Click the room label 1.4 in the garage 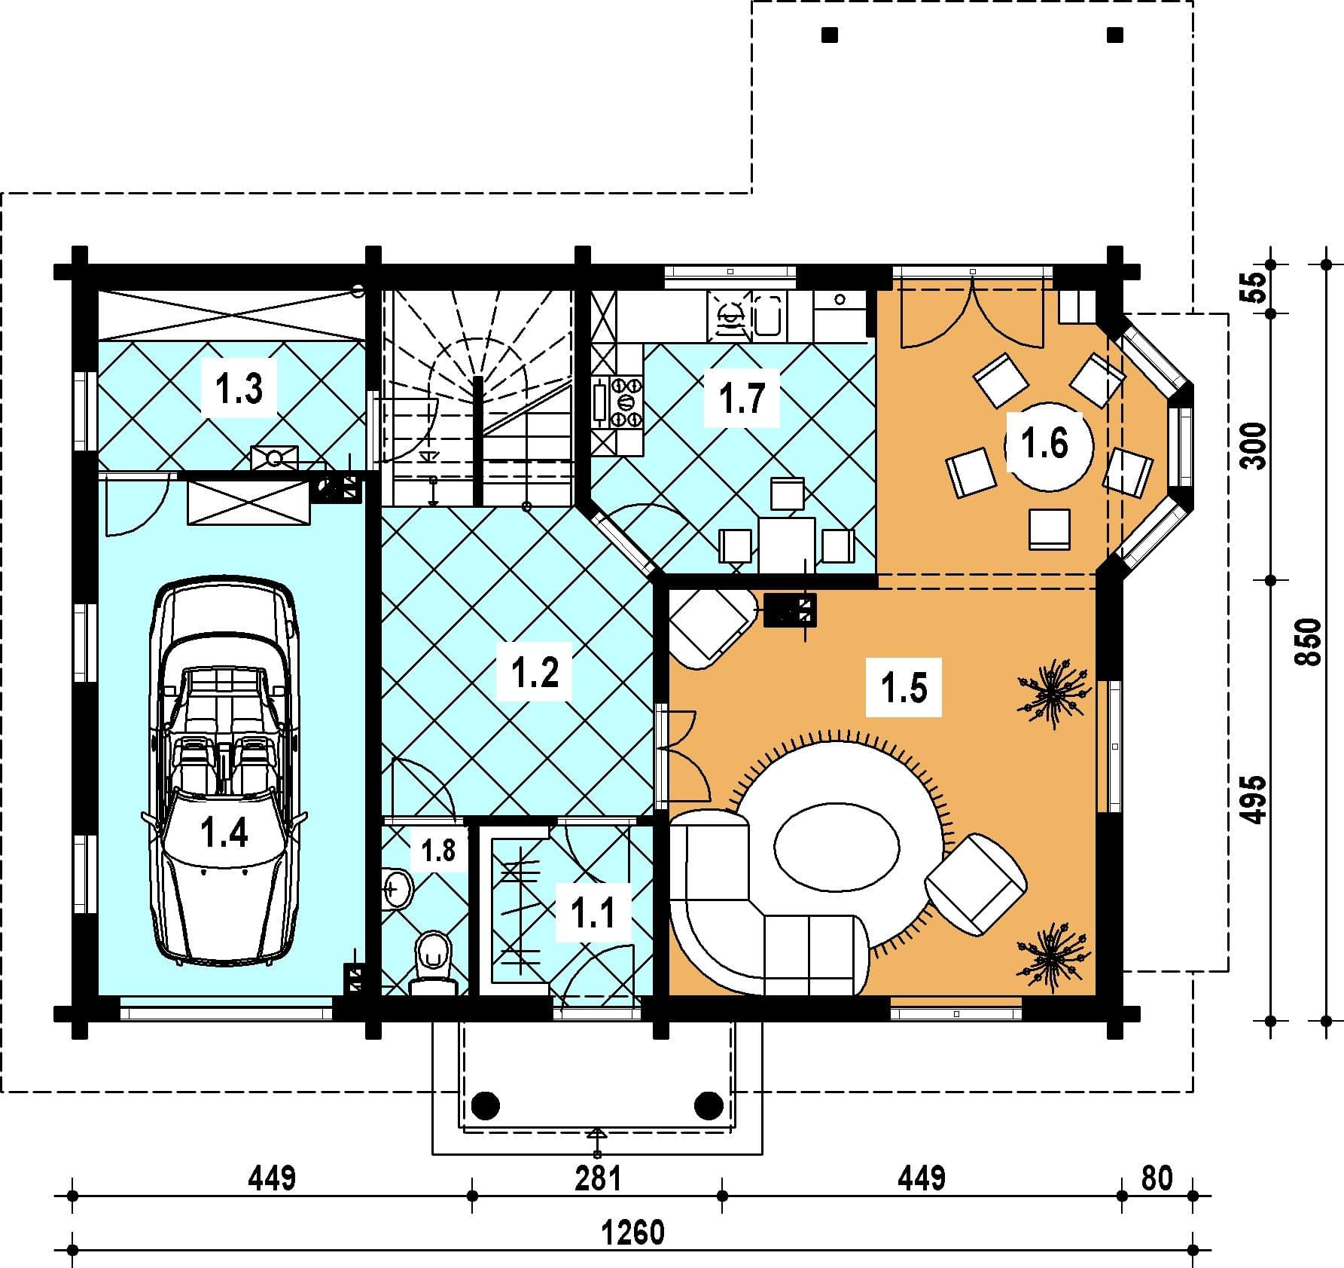pyautogui.click(x=225, y=834)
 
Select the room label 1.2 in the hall pyautogui.click(x=535, y=671)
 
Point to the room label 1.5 pyautogui.click(x=904, y=688)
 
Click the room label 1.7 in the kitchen pyautogui.click(x=742, y=398)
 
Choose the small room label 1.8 pyautogui.click(x=438, y=851)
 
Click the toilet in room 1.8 pyautogui.click(x=433, y=965)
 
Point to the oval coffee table pyautogui.click(x=836, y=848)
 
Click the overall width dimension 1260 pyautogui.click(x=633, y=1233)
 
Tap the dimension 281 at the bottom pyautogui.click(x=598, y=1178)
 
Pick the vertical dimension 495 pyautogui.click(x=1254, y=799)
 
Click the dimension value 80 pyautogui.click(x=1157, y=1178)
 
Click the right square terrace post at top pyautogui.click(x=1115, y=35)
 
